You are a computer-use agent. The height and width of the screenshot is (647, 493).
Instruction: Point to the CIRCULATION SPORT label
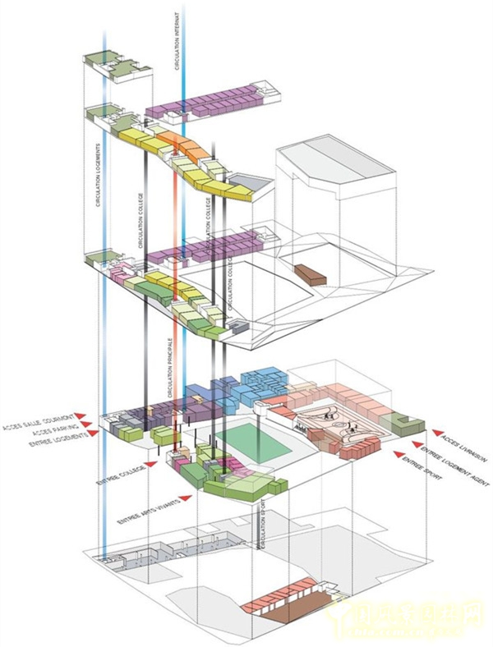[x=262, y=525]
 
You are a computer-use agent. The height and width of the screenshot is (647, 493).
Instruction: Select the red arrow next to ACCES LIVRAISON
[x=435, y=430]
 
